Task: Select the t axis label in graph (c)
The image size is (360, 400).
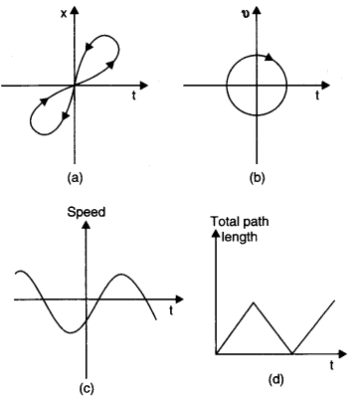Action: pos(169,309)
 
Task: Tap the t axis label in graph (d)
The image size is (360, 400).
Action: pos(330,365)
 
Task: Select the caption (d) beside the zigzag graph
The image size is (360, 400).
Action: pos(271,378)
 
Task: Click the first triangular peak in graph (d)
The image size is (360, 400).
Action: pos(254,300)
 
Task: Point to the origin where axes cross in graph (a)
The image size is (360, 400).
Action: pos(75,86)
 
